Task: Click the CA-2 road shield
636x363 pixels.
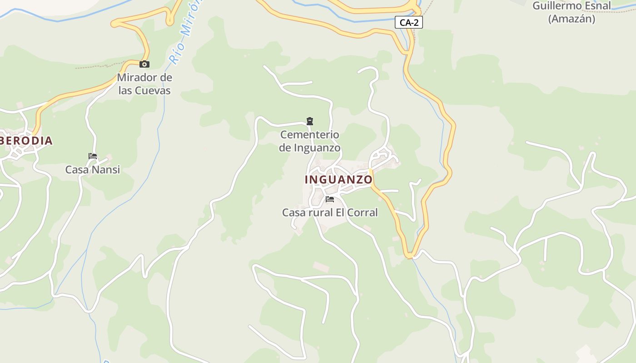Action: point(409,22)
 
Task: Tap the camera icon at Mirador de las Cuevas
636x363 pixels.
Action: point(144,64)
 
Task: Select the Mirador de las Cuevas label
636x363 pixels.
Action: point(144,84)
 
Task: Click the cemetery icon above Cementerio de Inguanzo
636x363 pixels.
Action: point(310,121)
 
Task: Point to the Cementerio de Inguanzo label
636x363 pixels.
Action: point(310,141)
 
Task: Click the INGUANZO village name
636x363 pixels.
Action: point(338,180)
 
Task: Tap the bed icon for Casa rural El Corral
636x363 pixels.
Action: point(330,199)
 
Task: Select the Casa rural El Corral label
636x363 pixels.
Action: point(330,212)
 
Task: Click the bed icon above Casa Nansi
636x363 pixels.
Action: point(93,156)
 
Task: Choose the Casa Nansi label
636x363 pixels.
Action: point(93,170)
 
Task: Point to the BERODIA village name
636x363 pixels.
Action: point(26,141)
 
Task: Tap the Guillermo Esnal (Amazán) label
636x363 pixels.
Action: point(571,12)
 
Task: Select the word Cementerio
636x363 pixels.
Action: point(310,134)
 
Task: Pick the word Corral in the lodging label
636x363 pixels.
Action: point(363,212)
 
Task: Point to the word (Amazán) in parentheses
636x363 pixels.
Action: point(571,19)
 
